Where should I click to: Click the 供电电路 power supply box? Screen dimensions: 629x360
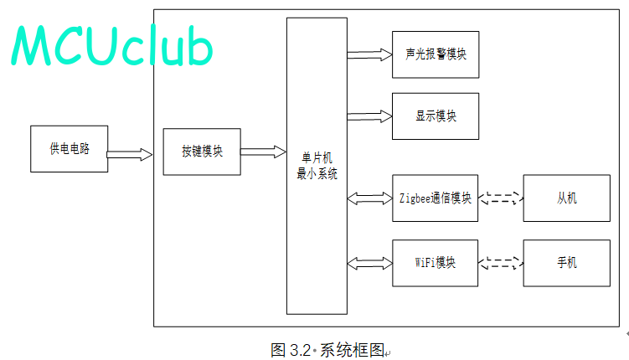pyautogui.click(x=69, y=149)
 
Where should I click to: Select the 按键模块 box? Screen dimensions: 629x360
pyautogui.click(x=202, y=152)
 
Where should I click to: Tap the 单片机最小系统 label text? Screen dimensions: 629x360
pyautogui.click(x=317, y=166)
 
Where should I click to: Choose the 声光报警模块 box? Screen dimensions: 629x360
pyautogui.click(x=436, y=54)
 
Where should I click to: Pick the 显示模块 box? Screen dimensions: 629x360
pyautogui.click(x=436, y=116)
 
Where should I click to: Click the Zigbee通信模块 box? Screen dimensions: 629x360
pyautogui.click(x=435, y=198)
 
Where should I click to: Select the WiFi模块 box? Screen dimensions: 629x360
pyautogui.click(x=435, y=263)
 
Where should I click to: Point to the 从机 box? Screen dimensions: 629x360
pyautogui.click(x=566, y=198)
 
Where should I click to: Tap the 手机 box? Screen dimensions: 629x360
pyautogui.click(x=566, y=263)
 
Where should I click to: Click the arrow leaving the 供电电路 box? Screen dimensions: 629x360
pyautogui.click(x=130, y=154)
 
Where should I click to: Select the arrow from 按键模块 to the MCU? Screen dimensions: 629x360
pyautogui.click(x=263, y=152)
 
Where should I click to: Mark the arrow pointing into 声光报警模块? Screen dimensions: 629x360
pyautogui.click(x=369, y=55)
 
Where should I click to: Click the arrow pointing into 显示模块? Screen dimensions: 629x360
pyautogui.click(x=369, y=116)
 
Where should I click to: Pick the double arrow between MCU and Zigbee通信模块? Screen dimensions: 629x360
pyautogui.click(x=369, y=198)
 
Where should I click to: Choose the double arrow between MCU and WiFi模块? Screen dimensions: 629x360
pyautogui.click(x=369, y=264)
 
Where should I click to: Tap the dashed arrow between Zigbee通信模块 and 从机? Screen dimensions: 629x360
pyautogui.click(x=501, y=198)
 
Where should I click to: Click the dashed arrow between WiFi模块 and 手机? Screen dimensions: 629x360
pyautogui.click(x=501, y=263)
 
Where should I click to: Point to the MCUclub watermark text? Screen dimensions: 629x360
pyautogui.click(x=111, y=45)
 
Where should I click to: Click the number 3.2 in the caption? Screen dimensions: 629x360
pyautogui.click(x=300, y=351)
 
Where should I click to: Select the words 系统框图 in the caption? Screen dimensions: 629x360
pyautogui.click(x=352, y=351)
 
